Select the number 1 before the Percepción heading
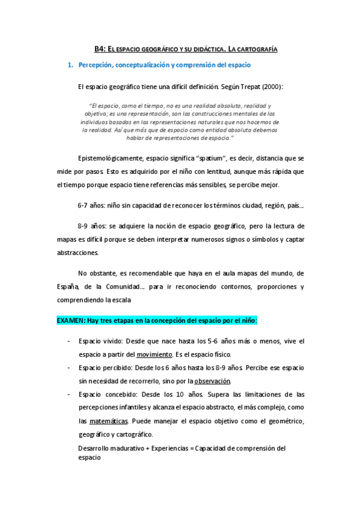pyautogui.click(x=70, y=64)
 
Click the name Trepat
pyautogui.click(x=249, y=87)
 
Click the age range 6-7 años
pyautogui.click(x=91, y=206)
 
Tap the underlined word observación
pyautogui.click(x=212, y=381)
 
